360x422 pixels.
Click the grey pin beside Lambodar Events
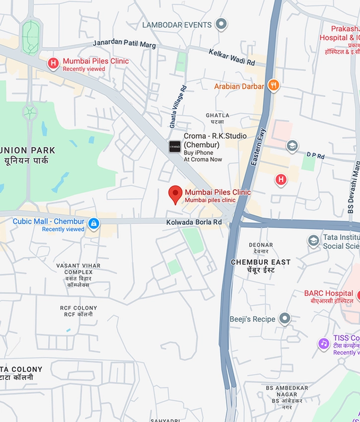[x=221, y=24]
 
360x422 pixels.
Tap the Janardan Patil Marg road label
[x=124, y=45]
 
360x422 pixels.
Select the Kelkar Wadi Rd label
[x=231, y=57]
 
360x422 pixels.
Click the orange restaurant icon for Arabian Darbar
[x=273, y=86]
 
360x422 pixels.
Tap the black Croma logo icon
[x=174, y=146]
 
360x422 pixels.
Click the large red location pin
[x=175, y=195]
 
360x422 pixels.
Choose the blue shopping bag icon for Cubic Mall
[x=93, y=224]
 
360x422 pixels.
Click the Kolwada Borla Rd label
[x=194, y=223]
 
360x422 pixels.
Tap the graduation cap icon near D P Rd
[x=292, y=146]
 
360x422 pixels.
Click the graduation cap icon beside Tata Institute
[x=313, y=241]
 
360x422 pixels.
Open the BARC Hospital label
[x=328, y=293]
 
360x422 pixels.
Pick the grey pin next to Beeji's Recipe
[x=285, y=319]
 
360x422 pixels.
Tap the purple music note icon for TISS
[x=324, y=344]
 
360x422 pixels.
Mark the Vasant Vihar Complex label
[x=74, y=272]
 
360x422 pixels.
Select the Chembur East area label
[x=261, y=262]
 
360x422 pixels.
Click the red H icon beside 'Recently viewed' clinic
[x=53, y=64]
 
